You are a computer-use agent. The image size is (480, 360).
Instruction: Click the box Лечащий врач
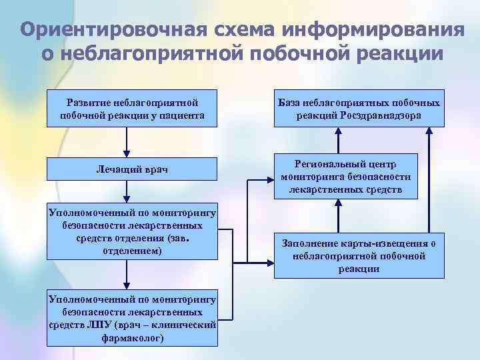[x=133, y=169]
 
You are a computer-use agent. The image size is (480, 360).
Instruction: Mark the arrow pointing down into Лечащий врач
[x=126, y=143]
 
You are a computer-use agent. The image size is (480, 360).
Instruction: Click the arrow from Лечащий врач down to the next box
[x=126, y=193]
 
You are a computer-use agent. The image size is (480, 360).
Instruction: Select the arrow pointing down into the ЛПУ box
[x=126, y=275]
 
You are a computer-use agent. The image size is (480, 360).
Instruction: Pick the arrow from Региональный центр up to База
[x=339, y=140]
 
